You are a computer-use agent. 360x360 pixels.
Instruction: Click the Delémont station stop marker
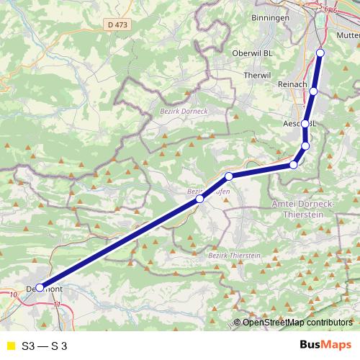pyautogui.click(x=40, y=287)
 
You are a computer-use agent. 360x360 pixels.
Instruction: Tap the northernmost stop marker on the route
pyautogui.click(x=320, y=53)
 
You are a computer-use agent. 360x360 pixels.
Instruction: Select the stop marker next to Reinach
pyautogui.click(x=314, y=91)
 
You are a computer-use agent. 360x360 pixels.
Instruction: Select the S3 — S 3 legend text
pyautogui.click(x=45, y=345)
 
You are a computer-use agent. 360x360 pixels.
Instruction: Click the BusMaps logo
pyautogui.click(x=325, y=345)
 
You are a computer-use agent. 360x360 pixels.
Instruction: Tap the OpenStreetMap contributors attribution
pyautogui.click(x=297, y=323)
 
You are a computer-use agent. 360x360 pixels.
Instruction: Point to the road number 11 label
pyautogui.click(x=58, y=305)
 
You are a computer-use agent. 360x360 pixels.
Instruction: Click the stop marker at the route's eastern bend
pyautogui.click(x=293, y=165)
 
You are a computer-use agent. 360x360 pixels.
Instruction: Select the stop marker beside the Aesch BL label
pyautogui.click(x=305, y=124)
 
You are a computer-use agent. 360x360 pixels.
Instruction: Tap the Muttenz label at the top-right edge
pyautogui.click(x=347, y=35)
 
